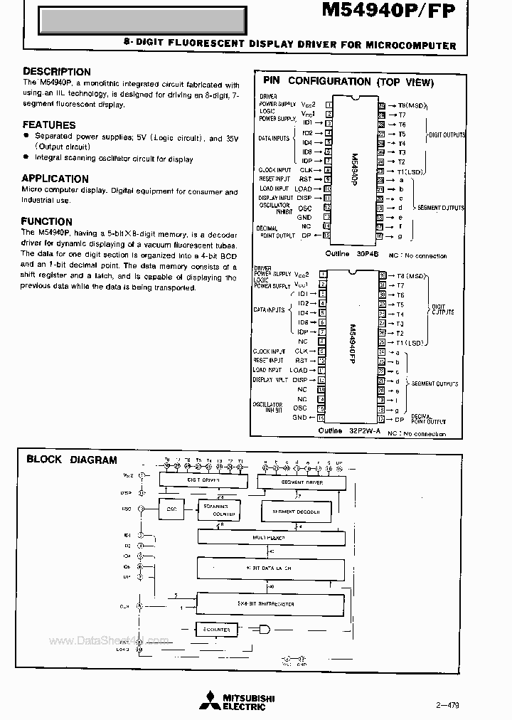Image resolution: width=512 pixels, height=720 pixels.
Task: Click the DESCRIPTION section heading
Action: click(x=57, y=72)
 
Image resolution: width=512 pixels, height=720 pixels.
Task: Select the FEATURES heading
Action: click(x=48, y=125)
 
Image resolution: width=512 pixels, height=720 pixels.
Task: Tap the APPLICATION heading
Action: click(x=55, y=179)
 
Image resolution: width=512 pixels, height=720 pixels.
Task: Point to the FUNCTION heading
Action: click(x=46, y=221)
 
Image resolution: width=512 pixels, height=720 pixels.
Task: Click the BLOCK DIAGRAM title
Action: click(x=71, y=460)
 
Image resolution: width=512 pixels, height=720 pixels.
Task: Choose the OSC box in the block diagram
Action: click(x=171, y=509)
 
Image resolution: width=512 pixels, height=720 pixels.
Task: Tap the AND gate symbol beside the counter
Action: click(x=265, y=630)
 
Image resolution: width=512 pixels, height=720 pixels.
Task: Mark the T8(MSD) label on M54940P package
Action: click(x=410, y=105)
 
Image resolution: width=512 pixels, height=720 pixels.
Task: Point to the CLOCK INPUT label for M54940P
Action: click(x=274, y=170)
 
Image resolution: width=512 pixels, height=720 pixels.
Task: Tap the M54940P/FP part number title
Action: click(x=390, y=14)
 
